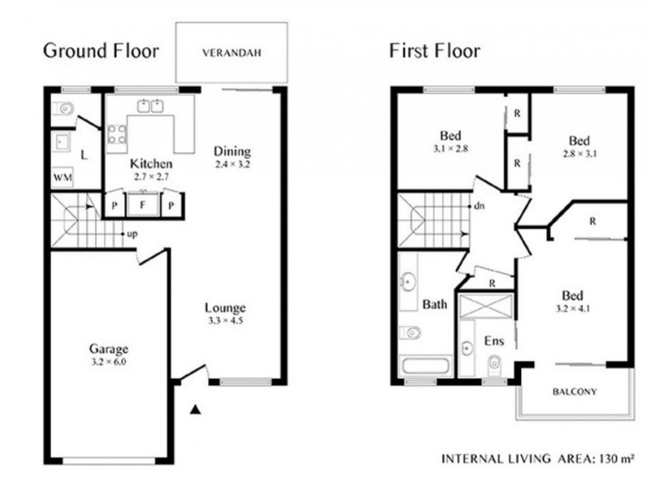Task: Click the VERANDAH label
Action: click(232, 53)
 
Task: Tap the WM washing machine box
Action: click(63, 178)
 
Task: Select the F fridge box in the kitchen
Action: click(143, 205)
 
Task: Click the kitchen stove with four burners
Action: click(117, 134)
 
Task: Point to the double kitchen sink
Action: click(151, 106)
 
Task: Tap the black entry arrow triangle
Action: click(195, 409)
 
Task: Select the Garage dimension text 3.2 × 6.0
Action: click(109, 362)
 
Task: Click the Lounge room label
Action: click(225, 308)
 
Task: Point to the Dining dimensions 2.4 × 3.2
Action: click(232, 164)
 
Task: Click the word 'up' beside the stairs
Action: click(132, 235)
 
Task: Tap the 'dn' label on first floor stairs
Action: click(479, 206)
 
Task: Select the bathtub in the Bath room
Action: click(426, 367)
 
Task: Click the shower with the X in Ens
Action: click(487, 306)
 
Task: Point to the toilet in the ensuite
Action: click(494, 363)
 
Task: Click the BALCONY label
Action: click(574, 392)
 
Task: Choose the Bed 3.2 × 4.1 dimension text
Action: click(573, 308)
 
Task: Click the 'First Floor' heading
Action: click(435, 51)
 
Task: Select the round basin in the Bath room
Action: click(408, 281)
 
